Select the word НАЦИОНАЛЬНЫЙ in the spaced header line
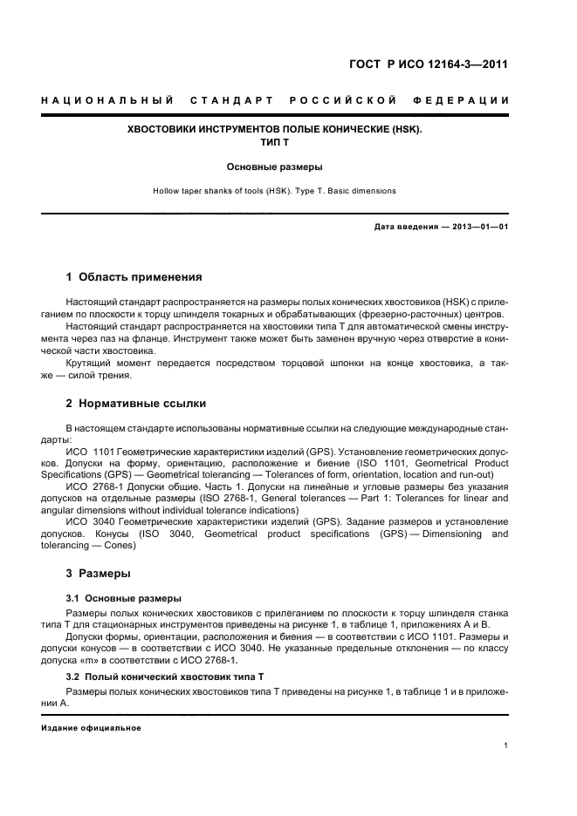tap(107, 101)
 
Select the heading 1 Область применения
tap(134, 277)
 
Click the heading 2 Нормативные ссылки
tap(135, 403)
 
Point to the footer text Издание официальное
tap(91, 728)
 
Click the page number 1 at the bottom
tap(506, 745)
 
